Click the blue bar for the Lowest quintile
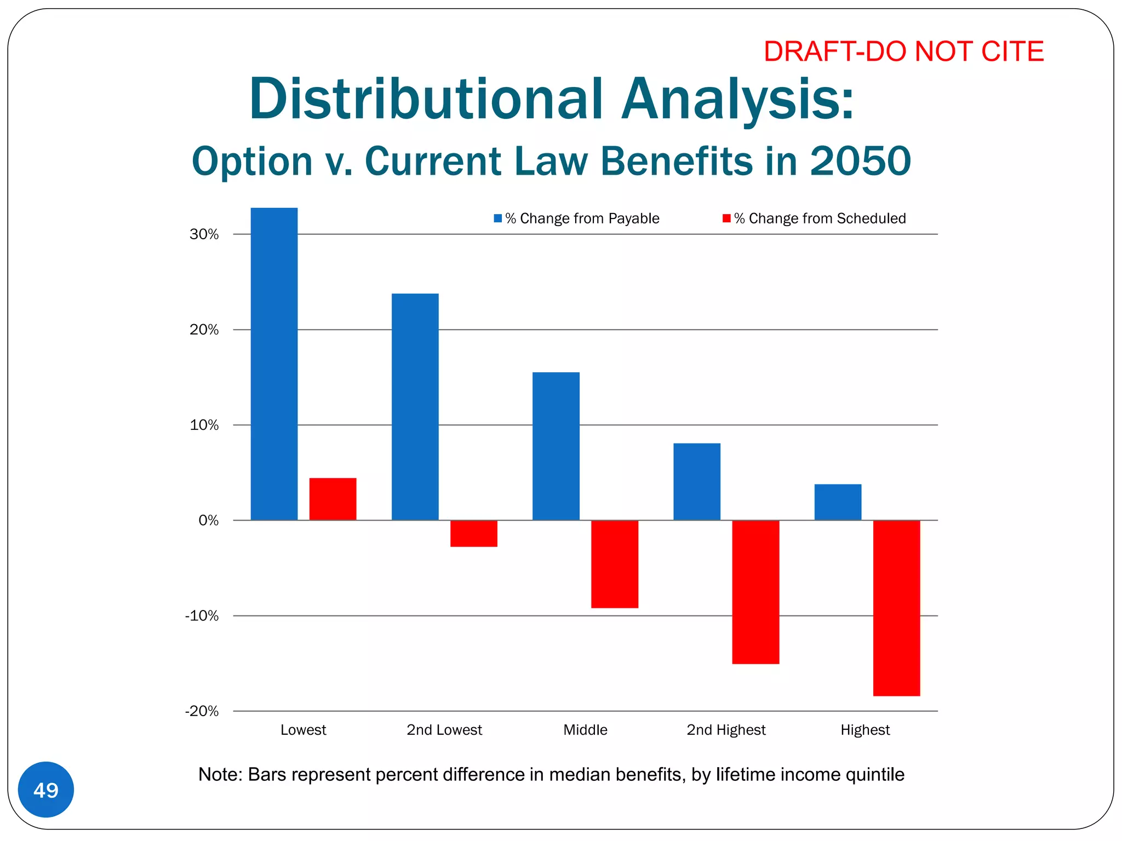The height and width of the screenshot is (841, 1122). point(274,364)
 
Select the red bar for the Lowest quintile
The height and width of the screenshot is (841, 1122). point(333,499)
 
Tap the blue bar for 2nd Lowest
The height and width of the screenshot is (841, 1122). point(415,407)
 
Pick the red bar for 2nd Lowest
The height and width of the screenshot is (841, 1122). point(473,533)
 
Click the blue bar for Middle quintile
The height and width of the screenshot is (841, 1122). point(556,446)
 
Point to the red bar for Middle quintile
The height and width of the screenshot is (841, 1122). point(614,564)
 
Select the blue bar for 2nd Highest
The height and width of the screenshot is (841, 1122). point(696,481)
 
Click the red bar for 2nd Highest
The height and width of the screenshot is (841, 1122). point(755,592)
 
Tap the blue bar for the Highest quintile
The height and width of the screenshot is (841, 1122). point(837,502)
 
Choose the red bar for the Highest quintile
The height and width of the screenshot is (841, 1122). point(896,608)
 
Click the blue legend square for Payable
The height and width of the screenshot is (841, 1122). point(497,218)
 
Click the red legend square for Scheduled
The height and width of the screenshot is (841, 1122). point(726,218)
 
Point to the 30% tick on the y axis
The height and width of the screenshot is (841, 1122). point(204,234)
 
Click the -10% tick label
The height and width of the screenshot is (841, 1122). point(202,616)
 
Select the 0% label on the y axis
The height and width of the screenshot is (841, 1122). point(208,521)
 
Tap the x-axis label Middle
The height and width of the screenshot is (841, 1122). point(585,730)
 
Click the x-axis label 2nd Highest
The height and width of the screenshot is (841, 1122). point(726,730)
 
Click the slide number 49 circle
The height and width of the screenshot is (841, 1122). point(46,790)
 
